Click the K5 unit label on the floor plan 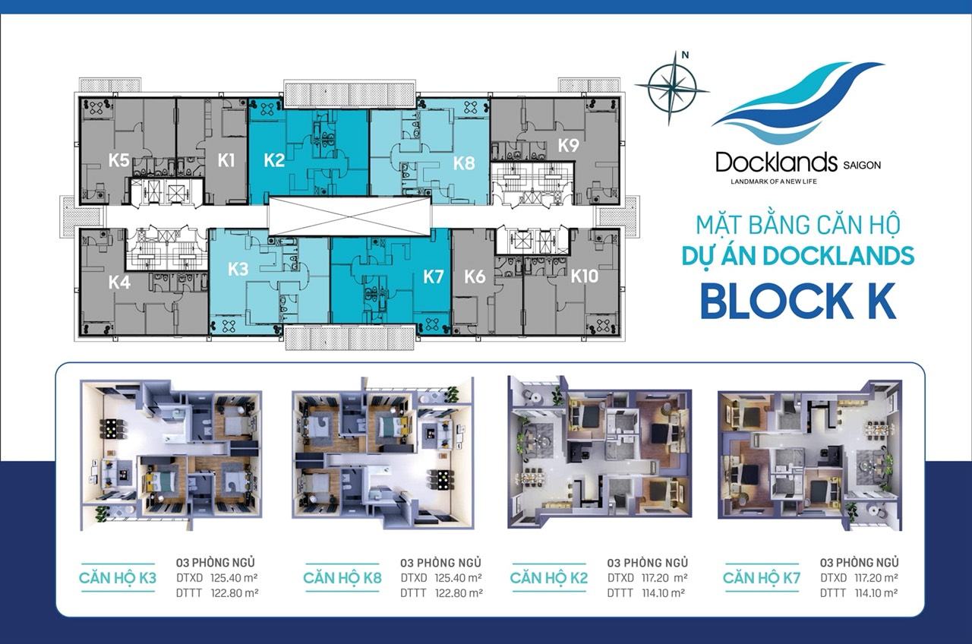tap(119, 160)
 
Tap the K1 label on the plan tap(226, 160)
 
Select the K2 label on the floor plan tap(274, 160)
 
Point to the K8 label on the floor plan tap(464, 163)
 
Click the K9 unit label tap(569, 145)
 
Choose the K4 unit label tap(119, 283)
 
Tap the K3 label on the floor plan tap(238, 270)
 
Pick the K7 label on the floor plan tap(434, 276)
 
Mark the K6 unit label tap(475, 276)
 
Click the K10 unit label tap(585, 276)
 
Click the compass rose tap(672, 89)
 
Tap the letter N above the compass tap(685, 55)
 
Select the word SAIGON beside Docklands tap(862, 166)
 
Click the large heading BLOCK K tap(798, 301)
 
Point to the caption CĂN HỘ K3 tap(118, 578)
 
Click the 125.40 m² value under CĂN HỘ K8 tap(459, 578)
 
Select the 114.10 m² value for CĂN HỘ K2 tap(664, 593)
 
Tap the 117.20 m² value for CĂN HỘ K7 tap(876, 578)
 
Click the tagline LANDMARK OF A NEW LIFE tap(774, 182)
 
